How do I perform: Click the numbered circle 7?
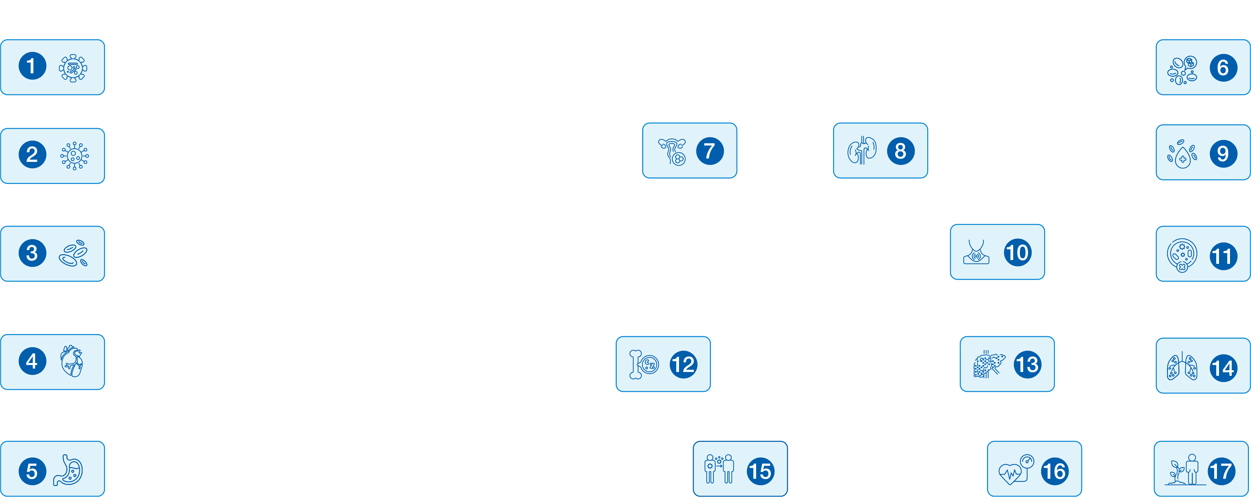pyautogui.click(x=710, y=151)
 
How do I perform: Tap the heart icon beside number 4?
pyautogui.click(x=72, y=361)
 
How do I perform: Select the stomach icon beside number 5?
pyautogui.click(x=69, y=470)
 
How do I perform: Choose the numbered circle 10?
pyautogui.click(x=1017, y=252)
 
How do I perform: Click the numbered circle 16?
pyautogui.click(x=1054, y=471)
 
